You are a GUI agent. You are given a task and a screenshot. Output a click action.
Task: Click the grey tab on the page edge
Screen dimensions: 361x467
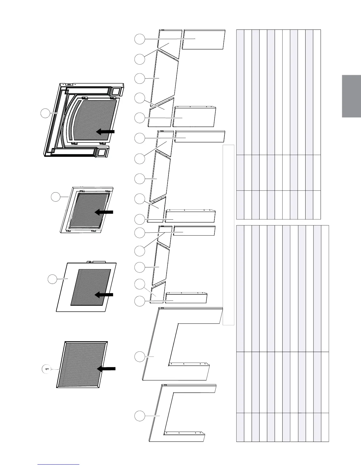(x=351, y=96)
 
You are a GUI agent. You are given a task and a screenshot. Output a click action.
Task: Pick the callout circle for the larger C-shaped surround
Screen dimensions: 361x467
(x=140, y=357)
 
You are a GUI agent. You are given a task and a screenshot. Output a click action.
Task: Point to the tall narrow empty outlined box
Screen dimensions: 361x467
(x=228, y=235)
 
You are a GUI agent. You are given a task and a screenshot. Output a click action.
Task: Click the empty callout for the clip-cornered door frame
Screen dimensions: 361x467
(x=55, y=197)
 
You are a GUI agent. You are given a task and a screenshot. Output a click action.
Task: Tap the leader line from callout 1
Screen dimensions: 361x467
(x=55, y=369)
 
